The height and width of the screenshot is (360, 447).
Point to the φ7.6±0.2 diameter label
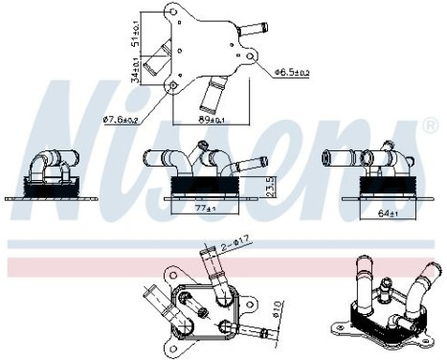122,120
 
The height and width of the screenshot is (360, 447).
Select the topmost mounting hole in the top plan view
173,12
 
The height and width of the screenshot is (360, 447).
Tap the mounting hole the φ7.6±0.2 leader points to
172,85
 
